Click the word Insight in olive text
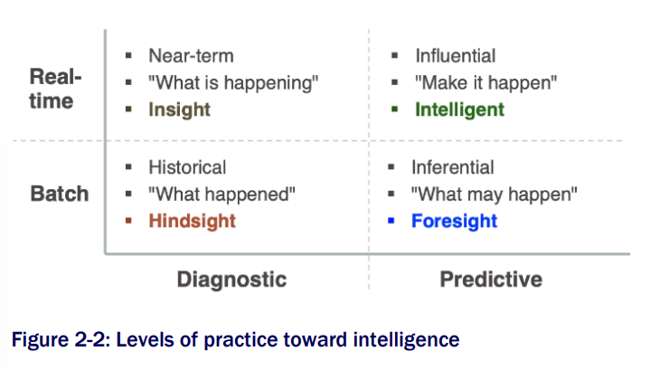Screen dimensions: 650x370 point(180,110)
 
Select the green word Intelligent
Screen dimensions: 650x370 point(460,110)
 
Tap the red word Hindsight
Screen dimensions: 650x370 point(193,221)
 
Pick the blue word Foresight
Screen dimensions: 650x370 point(455,221)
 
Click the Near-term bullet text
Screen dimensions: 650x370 point(191,56)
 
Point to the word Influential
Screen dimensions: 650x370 point(456,56)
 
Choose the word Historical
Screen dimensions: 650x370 point(187,167)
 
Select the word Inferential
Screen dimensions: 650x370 point(453,167)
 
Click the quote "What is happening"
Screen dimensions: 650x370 point(233,83)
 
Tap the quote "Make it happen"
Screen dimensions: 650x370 point(486,83)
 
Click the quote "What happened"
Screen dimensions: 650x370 point(221,194)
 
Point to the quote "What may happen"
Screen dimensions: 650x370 point(495,194)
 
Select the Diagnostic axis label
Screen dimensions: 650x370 point(231,280)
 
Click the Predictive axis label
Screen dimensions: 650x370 point(491,280)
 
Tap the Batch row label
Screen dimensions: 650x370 point(60,194)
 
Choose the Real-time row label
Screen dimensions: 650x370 point(55,89)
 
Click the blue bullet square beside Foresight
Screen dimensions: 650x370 point(391,221)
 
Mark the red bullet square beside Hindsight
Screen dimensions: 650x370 point(128,221)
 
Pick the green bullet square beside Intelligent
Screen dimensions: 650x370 point(395,109)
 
